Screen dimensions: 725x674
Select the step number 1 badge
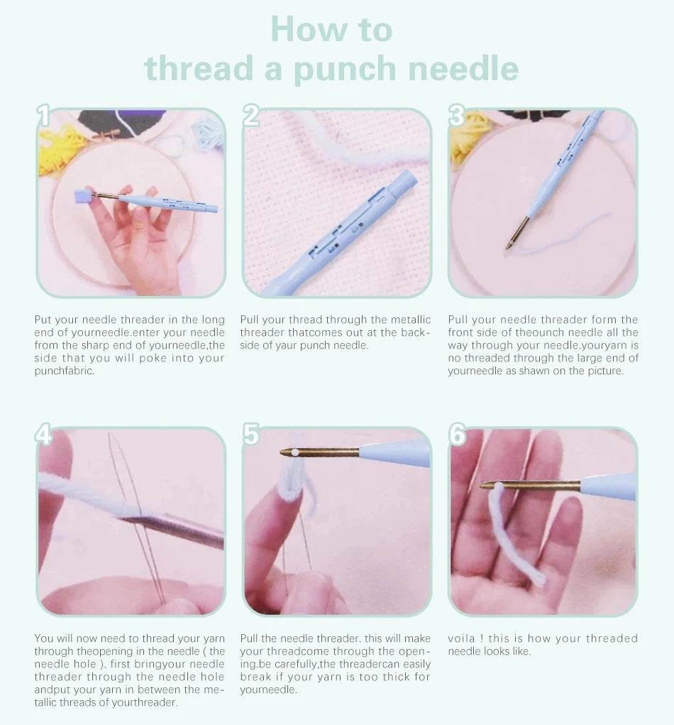coord(43,116)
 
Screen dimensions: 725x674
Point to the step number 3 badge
coord(457,116)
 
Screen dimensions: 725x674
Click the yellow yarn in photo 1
coord(59,149)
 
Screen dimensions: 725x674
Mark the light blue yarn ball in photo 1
coord(208,132)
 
